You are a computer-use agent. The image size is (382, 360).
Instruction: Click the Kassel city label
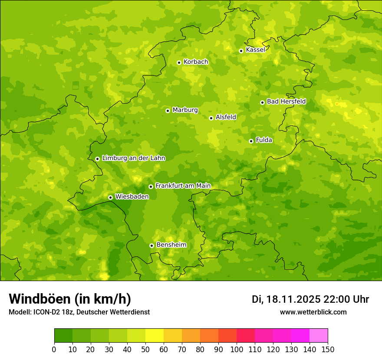point(255,50)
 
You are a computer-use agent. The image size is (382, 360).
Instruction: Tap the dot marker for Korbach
point(179,62)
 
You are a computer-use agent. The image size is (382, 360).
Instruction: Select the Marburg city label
point(185,110)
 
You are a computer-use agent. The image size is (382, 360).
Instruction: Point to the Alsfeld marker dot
point(211,118)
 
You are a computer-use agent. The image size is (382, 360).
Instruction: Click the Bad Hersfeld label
point(286,101)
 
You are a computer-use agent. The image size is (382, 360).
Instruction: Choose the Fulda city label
point(264,140)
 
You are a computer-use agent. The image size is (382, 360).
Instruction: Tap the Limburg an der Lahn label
point(133,158)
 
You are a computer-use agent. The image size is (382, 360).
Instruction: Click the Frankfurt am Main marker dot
point(151,187)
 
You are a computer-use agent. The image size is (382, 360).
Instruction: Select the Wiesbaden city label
point(132,196)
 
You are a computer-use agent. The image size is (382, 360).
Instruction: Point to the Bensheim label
point(171,245)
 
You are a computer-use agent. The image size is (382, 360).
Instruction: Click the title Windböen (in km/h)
point(70,299)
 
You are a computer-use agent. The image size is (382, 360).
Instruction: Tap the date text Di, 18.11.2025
point(286,299)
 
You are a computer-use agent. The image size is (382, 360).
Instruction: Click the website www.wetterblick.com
point(313,312)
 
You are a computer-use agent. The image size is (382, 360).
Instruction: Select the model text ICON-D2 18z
point(50,312)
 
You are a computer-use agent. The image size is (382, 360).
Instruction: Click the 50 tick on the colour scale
point(145,349)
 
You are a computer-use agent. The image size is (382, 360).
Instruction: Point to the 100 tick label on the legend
point(237,349)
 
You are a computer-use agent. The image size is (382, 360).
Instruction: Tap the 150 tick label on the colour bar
point(328,349)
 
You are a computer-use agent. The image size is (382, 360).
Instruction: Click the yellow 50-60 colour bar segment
point(155,336)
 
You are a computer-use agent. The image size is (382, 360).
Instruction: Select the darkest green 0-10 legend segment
point(63,336)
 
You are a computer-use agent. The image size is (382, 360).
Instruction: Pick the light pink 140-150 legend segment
point(319,336)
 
